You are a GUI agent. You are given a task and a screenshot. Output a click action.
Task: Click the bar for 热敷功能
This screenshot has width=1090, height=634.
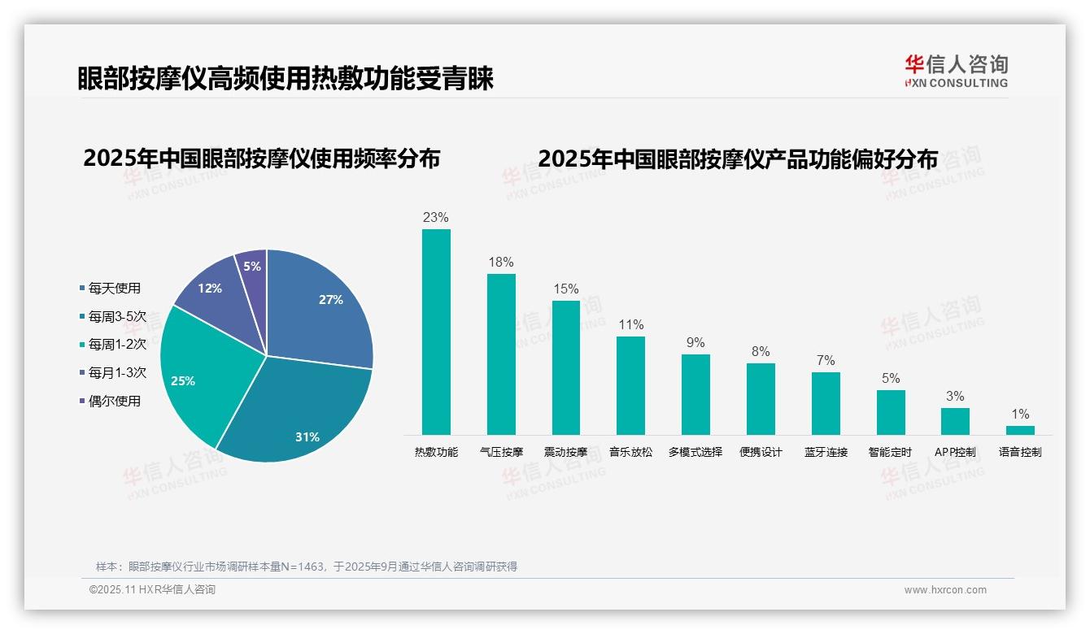[x=436, y=332]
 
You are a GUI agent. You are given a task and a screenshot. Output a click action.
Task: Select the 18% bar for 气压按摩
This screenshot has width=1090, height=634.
[x=501, y=354]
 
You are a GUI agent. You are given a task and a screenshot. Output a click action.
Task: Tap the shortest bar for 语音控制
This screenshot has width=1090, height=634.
[x=1020, y=430]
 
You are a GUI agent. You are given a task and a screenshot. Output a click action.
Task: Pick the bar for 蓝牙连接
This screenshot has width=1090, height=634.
[x=826, y=403]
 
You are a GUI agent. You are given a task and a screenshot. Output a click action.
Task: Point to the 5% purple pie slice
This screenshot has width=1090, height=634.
[x=253, y=265]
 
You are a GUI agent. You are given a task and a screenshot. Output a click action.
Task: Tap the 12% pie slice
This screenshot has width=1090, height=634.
[x=211, y=288]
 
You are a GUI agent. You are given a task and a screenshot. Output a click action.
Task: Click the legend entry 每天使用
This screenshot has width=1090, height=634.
[x=114, y=288]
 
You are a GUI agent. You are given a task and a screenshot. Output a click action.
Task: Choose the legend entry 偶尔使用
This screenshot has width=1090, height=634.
[x=114, y=401]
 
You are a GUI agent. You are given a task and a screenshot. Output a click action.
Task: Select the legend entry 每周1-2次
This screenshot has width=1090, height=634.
[x=117, y=344]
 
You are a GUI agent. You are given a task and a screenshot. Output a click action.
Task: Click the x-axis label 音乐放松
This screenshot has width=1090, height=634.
[x=630, y=452]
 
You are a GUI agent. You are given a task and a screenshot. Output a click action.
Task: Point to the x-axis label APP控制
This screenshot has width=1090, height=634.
[x=955, y=452]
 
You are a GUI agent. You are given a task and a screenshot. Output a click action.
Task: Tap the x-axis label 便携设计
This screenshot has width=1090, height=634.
[x=761, y=452]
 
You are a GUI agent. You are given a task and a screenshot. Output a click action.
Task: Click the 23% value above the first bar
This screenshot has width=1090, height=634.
[x=435, y=218]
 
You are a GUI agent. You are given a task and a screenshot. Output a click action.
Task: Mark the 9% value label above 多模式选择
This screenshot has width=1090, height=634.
[x=695, y=343]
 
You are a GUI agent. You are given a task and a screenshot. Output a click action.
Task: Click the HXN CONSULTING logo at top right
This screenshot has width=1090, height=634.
[x=956, y=72]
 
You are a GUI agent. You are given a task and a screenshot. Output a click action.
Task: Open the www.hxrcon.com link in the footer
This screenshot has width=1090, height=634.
[x=945, y=590]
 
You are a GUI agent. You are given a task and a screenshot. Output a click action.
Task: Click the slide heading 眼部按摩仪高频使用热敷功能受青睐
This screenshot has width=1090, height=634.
[x=286, y=79]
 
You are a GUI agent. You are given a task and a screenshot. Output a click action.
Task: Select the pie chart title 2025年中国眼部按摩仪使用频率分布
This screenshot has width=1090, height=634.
[x=261, y=158]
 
